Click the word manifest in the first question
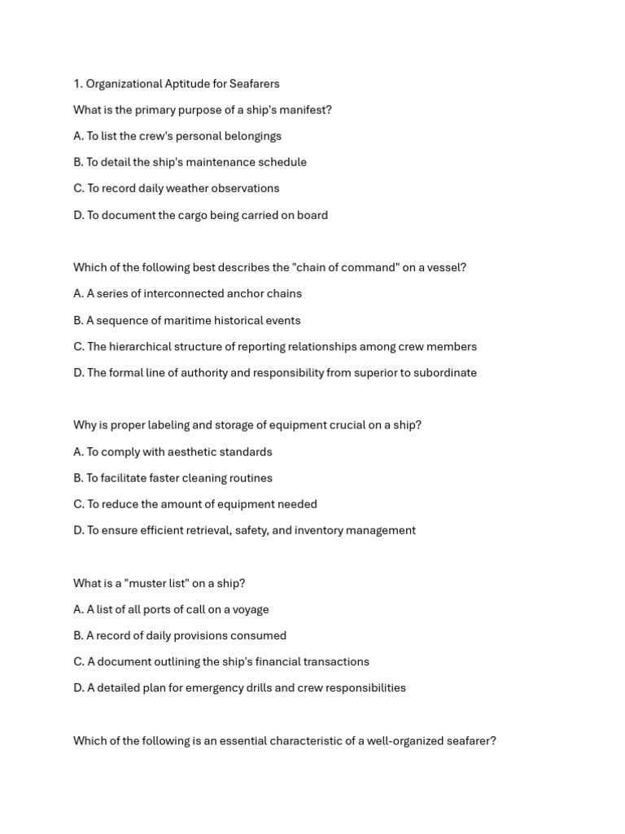302,110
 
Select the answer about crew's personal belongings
177,136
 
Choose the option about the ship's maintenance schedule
190,162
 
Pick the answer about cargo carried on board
200,215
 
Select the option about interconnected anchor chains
187,293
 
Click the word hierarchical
140,346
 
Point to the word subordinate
446,372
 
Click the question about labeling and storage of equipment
247,425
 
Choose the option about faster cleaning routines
173,478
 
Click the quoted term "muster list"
155,583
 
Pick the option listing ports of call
171,609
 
